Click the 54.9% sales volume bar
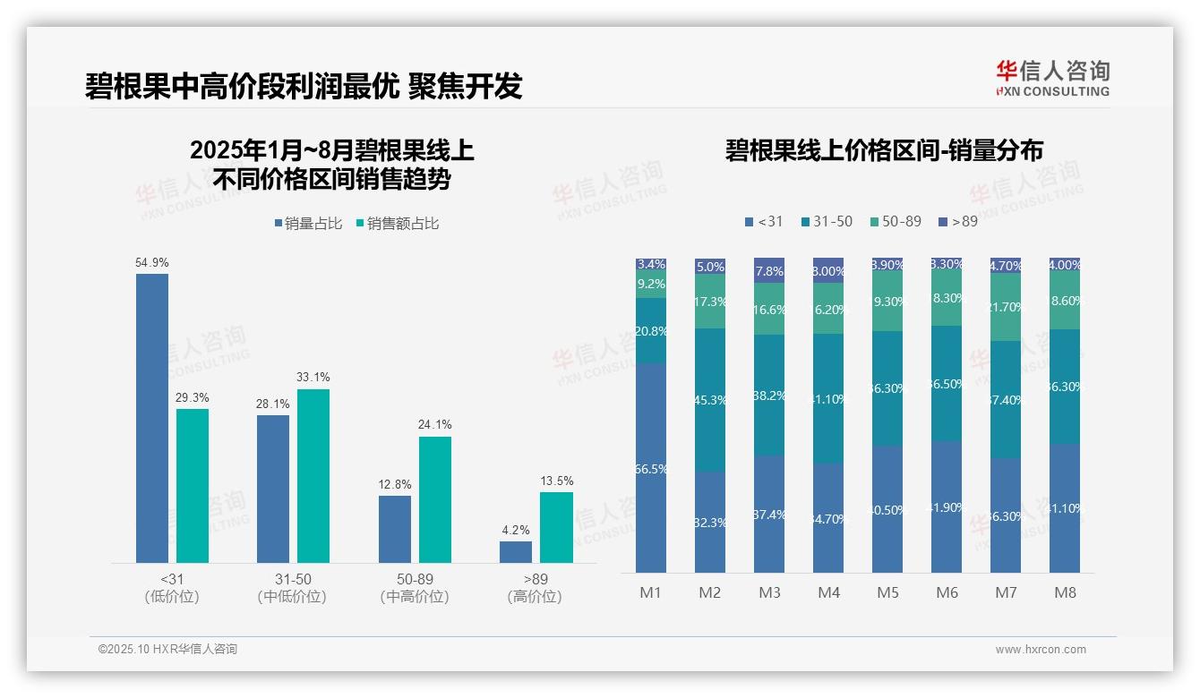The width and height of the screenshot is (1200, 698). click(x=152, y=418)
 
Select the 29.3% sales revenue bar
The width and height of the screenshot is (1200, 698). click(x=193, y=486)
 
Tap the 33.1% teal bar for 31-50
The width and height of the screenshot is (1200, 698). click(x=313, y=476)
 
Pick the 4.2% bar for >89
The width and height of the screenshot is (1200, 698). click(x=516, y=552)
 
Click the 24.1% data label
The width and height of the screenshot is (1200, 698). click(x=434, y=424)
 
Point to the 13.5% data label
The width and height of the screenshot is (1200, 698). click(x=556, y=481)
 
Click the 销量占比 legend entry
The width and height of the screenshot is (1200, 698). click(x=307, y=224)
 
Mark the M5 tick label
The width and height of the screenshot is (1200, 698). click(x=887, y=592)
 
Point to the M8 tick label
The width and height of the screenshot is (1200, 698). click(x=1065, y=592)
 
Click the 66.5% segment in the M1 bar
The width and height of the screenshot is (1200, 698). click(x=651, y=467)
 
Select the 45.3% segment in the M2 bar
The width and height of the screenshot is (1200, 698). click(x=710, y=400)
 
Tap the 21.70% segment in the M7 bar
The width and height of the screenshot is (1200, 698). click(x=1006, y=307)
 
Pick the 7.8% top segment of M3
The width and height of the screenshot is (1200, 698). click(x=769, y=270)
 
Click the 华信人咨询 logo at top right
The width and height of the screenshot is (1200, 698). click(x=1052, y=78)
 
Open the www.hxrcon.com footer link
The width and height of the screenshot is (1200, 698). click(x=1041, y=650)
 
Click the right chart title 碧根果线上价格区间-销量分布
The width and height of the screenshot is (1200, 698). click(x=884, y=150)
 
